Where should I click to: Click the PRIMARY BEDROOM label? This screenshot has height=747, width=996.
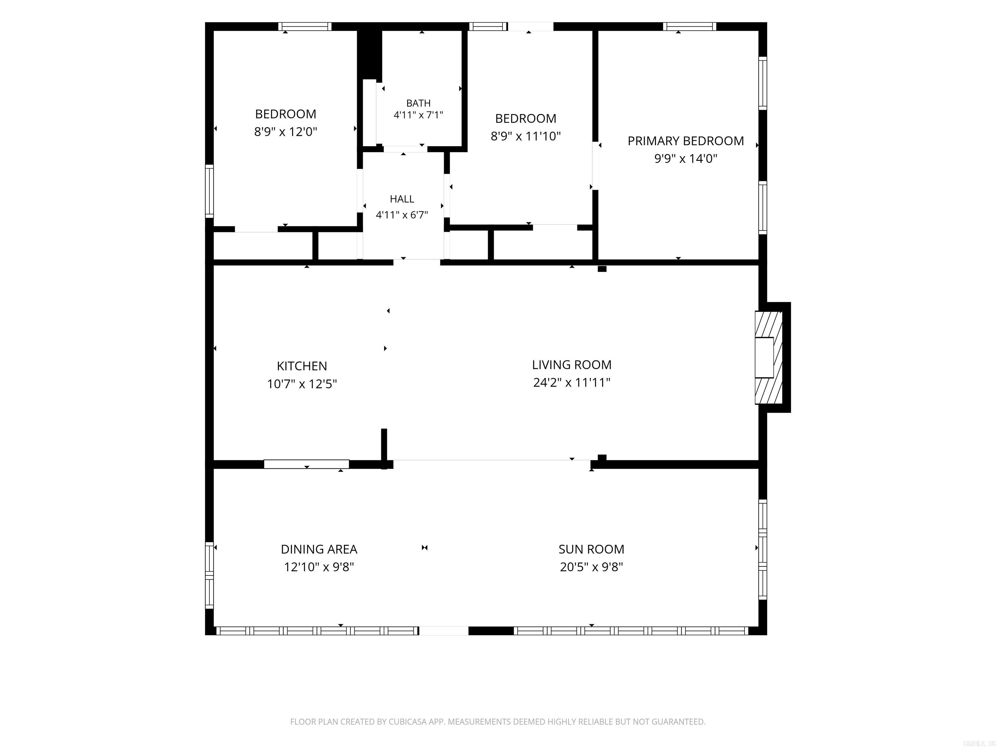pyautogui.click(x=685, y=141)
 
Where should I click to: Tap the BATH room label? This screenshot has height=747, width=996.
pyautogui.click(x=418, y=103)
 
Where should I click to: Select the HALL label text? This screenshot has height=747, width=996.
pyautogui.click(x=402, y=199)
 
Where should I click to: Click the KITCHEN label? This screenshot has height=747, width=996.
pyautogui.click(x=302, y=366)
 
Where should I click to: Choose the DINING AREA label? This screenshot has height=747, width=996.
pyautogui.click(x=319, y=549)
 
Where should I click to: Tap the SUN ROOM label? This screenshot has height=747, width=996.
pyautogui.click(x=591, y=549)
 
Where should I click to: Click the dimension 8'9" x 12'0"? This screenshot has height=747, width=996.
pyautogui.click(x=285, y=132)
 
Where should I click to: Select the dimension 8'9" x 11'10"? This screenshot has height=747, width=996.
pyautogui.click(x=526, y=136)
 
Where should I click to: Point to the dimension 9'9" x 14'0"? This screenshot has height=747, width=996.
pyautogui.click(x=685, y=159)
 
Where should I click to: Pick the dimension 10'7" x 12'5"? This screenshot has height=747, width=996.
pyautogui.click(x=302, y=384)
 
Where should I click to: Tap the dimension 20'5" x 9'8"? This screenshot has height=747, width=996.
pyautogui.click(x=591, y=567)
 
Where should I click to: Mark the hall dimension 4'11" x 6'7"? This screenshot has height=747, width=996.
pyautogui.click(x=402, y=215)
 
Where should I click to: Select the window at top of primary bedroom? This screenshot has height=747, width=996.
pyautogui.click(x=689, y=27)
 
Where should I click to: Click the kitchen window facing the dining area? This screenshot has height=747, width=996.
pyautogui.click(x=306, y=464)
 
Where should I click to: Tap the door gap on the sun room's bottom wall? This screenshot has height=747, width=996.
pyautogui.click(x=444, y=631)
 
